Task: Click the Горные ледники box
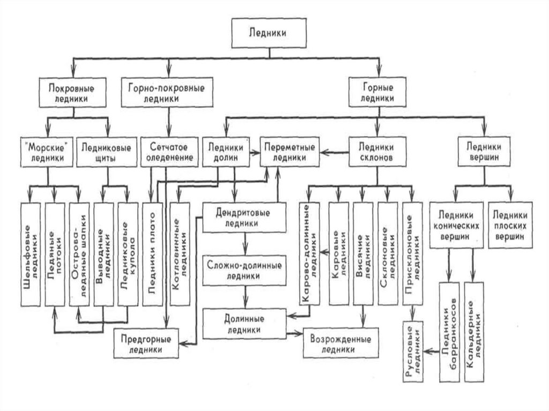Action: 379,92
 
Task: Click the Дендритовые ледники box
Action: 244,218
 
